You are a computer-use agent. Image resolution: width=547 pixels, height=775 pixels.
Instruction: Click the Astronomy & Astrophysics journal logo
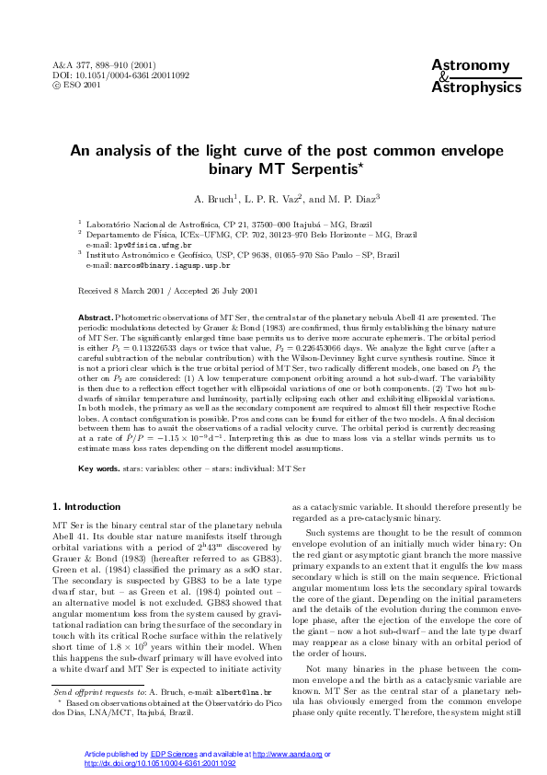pos(470,75)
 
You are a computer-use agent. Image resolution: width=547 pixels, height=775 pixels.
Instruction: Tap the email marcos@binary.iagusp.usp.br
pos(168,264)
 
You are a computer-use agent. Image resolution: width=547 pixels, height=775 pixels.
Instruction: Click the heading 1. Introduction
pos(86,507)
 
